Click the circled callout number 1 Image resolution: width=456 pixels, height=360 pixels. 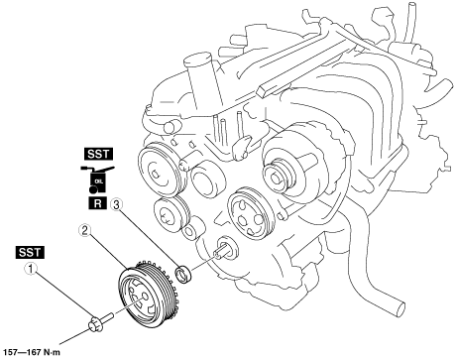31,269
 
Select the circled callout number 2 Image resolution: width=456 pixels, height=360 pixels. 84,230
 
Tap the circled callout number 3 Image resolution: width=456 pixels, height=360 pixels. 116,205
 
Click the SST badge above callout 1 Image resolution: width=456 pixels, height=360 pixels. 30,252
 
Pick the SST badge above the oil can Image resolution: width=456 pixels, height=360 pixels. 98,154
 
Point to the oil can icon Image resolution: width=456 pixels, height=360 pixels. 97,180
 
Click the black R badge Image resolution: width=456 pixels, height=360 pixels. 98,203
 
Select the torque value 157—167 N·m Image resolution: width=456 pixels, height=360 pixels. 31,352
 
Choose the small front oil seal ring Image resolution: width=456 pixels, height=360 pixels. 182,274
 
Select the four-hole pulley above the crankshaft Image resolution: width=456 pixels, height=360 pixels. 250,214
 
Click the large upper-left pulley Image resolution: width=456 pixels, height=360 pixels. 161,172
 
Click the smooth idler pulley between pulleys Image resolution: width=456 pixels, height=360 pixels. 208,180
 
